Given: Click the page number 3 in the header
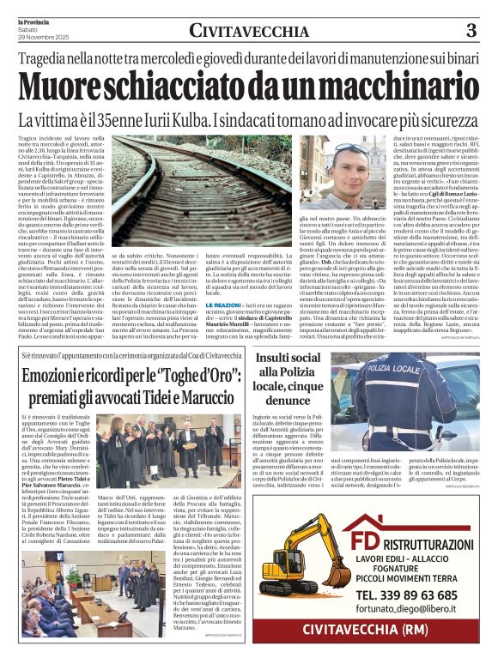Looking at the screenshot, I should pyautogui.click(x=469, y=30).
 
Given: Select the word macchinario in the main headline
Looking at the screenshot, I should pyautogui.click(x=382, y=87).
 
